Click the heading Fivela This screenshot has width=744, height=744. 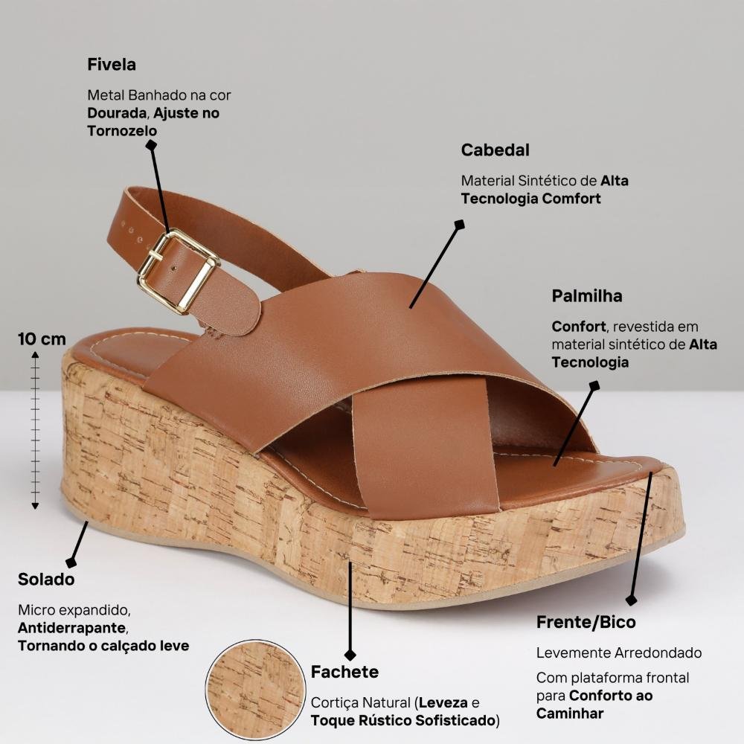112,65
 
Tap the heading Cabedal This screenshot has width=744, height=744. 495,150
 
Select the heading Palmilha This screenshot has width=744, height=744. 587,296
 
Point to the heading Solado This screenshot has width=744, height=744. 46,580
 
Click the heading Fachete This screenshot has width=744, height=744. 344,672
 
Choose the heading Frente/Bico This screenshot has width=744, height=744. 586,622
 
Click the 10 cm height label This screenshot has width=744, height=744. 42,339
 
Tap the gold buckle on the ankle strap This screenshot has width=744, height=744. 179,271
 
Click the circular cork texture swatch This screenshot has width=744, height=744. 255,690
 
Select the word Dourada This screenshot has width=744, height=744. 116,113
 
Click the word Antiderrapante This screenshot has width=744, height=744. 71,628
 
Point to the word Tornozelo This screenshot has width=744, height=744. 122,130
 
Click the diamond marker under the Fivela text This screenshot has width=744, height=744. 151,145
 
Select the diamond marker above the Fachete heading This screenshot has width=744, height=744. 350,655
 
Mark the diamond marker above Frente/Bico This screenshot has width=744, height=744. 631,600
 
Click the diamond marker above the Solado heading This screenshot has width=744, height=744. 71,562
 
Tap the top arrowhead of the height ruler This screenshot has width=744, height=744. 35,354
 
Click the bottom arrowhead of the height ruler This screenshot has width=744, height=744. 35,506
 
